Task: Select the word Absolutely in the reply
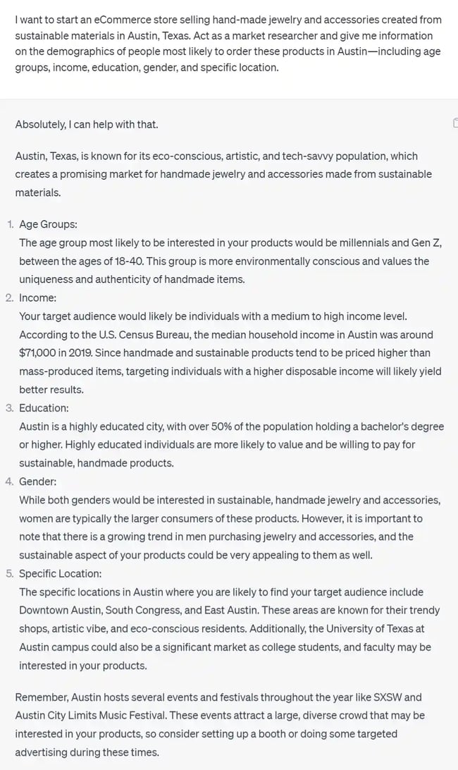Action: (x=39, y=125)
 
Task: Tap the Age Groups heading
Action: (x=48, y=224)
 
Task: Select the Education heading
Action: (x=44, y=408)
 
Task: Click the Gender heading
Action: (x=38, y=482)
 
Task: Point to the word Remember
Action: (x=41, y=697)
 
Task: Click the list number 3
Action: (x=10, y=408)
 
